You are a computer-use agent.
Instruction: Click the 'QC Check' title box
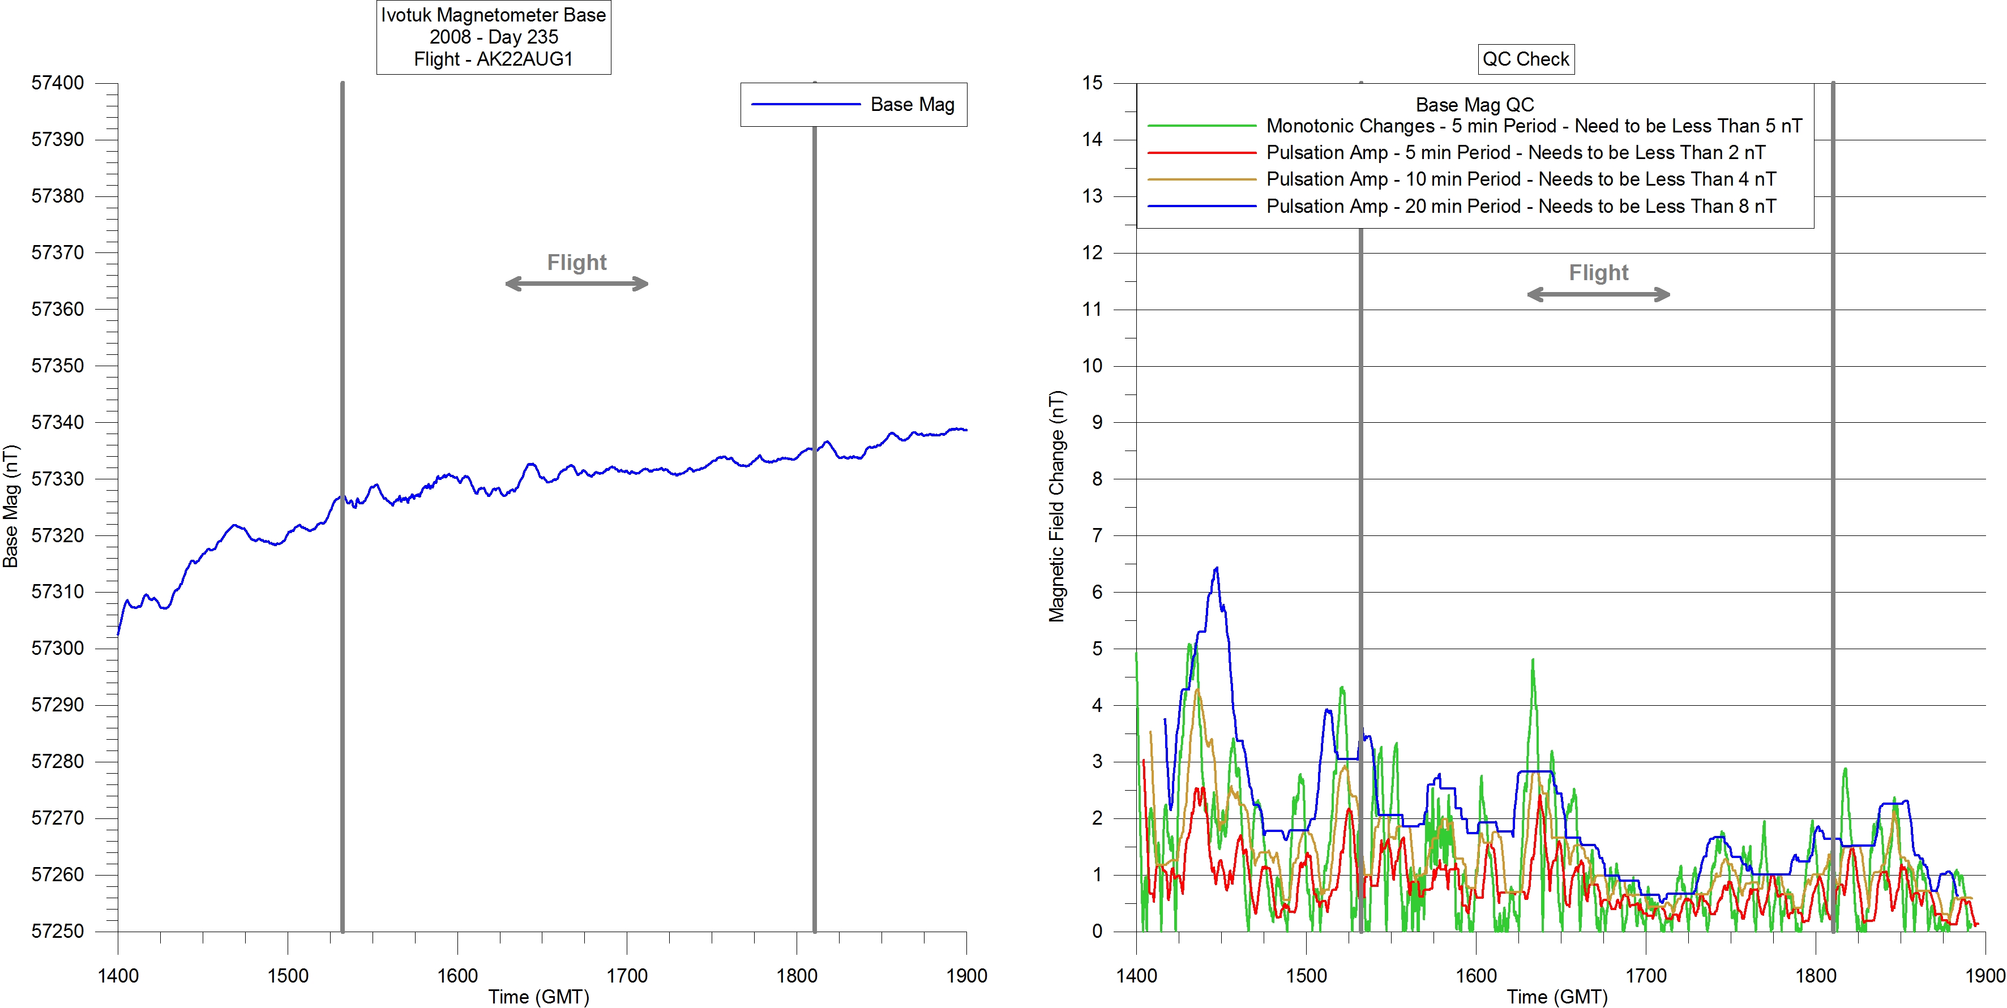coord(1526,59)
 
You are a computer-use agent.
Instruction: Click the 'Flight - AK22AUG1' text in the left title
coord(493,59)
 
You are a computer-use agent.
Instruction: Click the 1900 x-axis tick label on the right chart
coord(1984,975)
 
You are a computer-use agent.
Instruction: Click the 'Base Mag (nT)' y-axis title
coord(10,507)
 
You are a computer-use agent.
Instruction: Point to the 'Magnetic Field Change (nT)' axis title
coord(1056,507)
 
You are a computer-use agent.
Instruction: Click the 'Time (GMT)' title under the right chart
coord(1557,997)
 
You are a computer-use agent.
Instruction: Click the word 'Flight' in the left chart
coord(576,263)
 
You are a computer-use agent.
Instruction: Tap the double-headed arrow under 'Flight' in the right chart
coord(1598,294)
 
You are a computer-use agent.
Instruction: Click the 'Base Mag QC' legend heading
coord(1474,104)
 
